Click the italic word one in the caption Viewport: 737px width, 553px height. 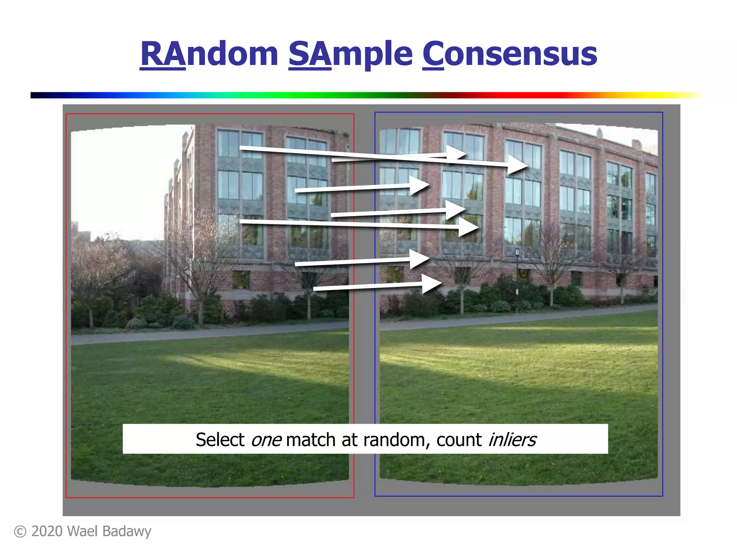coord(266,440)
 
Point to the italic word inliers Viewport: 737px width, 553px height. coord(512,440)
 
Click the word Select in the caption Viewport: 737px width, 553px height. coord(220,440)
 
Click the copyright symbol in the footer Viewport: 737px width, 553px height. coord(20,532)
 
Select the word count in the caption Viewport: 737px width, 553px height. coord(459,440)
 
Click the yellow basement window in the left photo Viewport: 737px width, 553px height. coord(241,279)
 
